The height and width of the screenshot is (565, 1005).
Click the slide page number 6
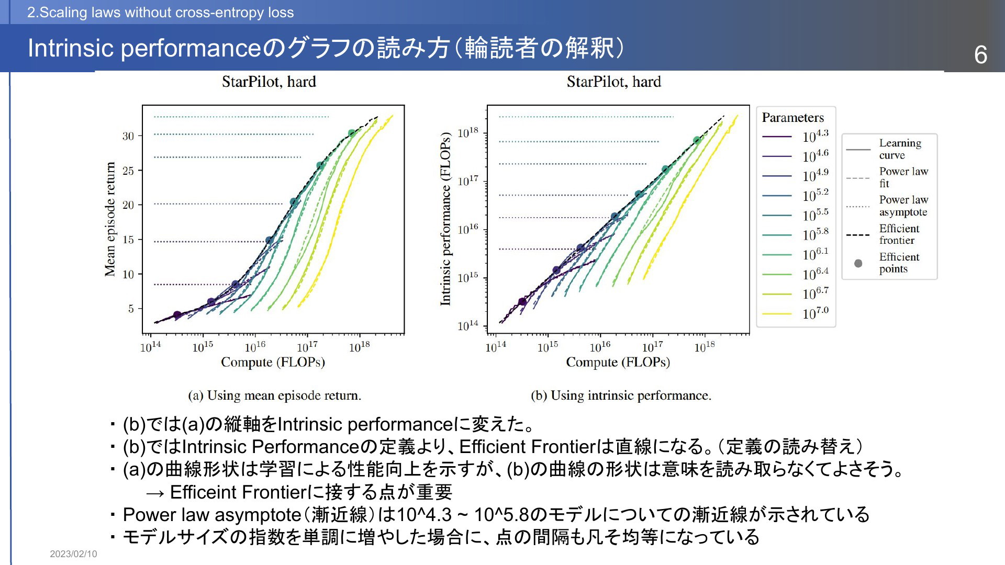pos(980,55)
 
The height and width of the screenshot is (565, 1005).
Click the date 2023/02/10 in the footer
pos(73,554)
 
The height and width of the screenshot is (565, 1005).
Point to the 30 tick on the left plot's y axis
pos(128,136)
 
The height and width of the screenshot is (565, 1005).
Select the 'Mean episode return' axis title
pos(110,219)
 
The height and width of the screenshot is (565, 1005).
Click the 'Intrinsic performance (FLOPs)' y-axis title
pos(445,219)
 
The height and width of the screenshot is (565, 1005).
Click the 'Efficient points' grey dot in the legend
pos(858,263)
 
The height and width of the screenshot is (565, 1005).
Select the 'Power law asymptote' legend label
pos(903,206)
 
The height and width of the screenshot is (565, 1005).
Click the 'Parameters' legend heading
pos(793,118)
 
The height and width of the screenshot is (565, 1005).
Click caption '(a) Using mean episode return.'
pos(275,395)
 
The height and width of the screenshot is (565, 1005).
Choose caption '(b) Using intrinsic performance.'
pos(621,395)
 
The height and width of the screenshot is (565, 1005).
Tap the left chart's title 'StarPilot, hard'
pos(269,82)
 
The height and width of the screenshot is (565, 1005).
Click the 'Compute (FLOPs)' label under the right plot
pos(618,362)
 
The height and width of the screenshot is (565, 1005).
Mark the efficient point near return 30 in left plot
pos(352,134)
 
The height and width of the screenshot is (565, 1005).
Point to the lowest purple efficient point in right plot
pos(522,302)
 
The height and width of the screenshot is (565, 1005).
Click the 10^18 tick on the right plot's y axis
pos(468,132)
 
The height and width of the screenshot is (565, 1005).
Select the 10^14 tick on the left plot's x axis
pos(151,346)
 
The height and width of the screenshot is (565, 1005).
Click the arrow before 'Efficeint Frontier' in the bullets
pos(155,493)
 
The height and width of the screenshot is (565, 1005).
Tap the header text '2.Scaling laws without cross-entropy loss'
pos(161,13)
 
